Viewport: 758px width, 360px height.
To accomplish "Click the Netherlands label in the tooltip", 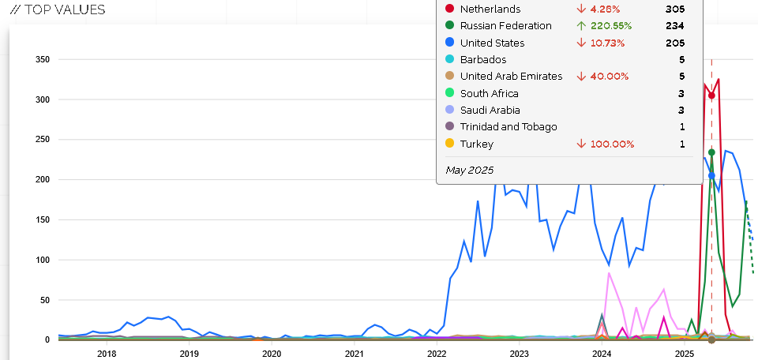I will click(490, 9).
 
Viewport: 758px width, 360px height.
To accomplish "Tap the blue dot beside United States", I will click(449, 43).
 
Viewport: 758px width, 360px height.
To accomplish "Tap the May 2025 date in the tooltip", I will click(469, 170).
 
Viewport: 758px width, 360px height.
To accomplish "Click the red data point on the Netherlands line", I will click(711, 96).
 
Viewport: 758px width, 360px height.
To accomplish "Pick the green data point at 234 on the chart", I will click(711, 152).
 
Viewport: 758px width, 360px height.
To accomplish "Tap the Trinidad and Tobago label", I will click(508, 127).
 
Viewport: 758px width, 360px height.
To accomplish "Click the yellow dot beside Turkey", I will click(449, 144).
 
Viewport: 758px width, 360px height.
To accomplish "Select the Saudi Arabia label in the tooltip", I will click(490, 111).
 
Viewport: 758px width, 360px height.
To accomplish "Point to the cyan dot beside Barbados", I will click(449, 60).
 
